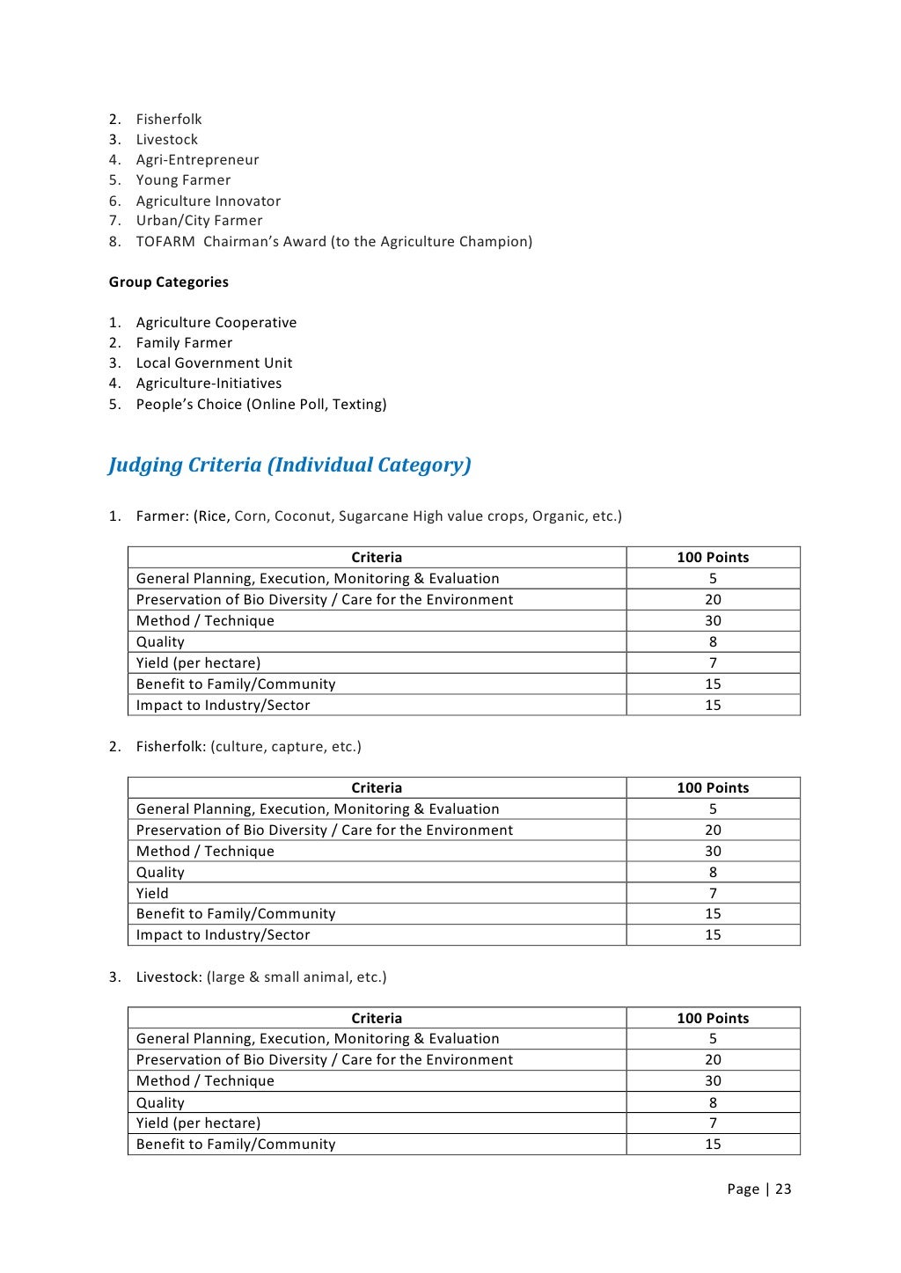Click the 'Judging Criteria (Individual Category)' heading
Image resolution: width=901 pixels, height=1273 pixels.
(x=289, y=465)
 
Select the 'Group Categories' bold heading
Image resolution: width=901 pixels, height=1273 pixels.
(x=168, y=282)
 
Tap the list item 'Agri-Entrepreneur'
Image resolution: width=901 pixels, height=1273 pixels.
(x=197, y=160)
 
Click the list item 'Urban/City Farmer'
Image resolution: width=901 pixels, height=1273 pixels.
(x=199, y=221)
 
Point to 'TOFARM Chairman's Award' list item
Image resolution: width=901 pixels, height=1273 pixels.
(x=333, y=242)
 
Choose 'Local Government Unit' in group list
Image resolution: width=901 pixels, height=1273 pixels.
(x=214, y=363)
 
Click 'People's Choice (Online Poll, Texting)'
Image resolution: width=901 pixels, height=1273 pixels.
(x=260, y=405)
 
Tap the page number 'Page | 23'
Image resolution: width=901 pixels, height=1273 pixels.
(x=758, y=1189)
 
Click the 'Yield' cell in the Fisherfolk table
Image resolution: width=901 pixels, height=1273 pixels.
(x=152, y=893)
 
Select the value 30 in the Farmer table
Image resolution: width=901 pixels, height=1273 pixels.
(x=713, y=621)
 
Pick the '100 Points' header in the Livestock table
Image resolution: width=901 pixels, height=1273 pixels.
(x=713, y=1019)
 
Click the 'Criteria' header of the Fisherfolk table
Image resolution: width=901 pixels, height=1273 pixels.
(x=377, y=788)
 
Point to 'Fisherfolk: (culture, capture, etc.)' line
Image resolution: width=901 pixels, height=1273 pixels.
(x=248, y=747)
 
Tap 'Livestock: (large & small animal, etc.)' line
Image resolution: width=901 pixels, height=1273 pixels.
(x=260, y=977)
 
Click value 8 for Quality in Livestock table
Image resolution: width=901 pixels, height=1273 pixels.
(x=713, y=1103)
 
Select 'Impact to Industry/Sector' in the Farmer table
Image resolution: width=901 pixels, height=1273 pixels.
(x=223, y=706)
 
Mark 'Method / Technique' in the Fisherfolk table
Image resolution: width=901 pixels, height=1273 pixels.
(x=205, y=852)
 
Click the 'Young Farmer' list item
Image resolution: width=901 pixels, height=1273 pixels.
(x=183, y=180)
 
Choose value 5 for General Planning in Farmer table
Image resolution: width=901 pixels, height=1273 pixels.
(x=713, y=579)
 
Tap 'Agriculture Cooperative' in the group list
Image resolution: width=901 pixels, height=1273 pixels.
(x=216, y=323)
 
